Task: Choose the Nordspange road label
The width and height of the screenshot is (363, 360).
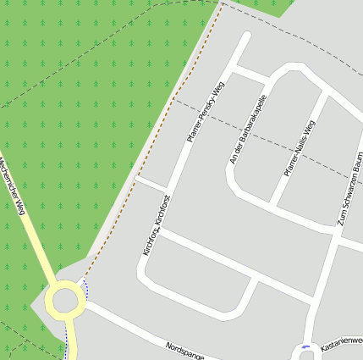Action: (x=186, y=349)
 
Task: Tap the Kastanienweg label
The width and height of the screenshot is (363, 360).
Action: (x=342, y=344)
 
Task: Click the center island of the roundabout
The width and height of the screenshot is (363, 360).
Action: (x=64, y=301)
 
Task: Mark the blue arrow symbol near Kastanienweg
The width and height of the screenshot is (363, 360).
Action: (x=305, y=348)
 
